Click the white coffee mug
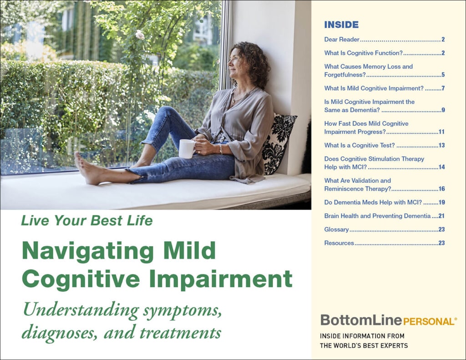(187, 149)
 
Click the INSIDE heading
(341, 25)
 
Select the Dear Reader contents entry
(342, 39)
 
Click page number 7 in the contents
(443, 88)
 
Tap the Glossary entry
(336, 229)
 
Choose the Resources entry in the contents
(339, 243)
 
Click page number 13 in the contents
(441, 145)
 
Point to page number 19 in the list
(441, 203)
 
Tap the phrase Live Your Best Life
(87, 221)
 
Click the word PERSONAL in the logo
(429, 321)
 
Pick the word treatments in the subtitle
(180, 333)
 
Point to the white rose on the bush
(140, 35)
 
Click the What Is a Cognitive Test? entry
(360, 145)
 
